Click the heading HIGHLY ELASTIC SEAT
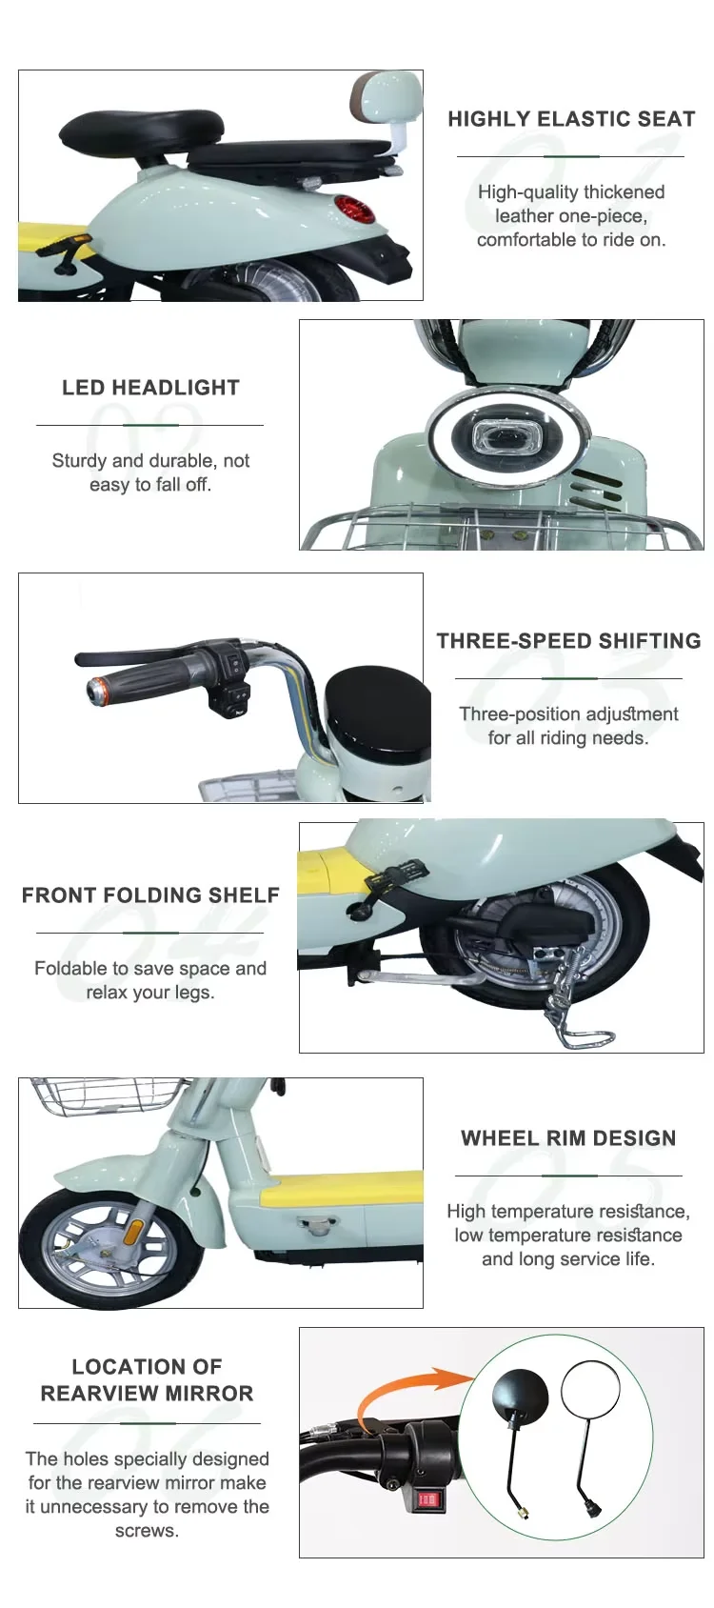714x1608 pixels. pos(571,119)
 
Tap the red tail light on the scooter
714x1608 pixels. pos(353,210)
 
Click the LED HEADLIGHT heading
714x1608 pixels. pos(150,388)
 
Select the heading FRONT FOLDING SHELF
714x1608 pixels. pos(150,895)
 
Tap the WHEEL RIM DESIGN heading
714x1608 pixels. pos(568,1138)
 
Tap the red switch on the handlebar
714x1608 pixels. pos(427,1498)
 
